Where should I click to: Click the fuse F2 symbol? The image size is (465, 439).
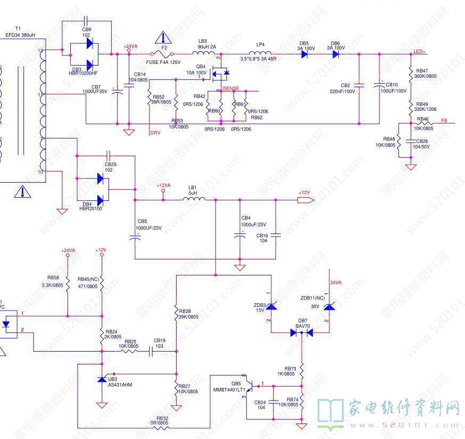coord(163,54)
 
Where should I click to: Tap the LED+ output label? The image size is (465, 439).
coord(420,52)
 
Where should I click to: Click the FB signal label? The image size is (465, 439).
coord(444,121)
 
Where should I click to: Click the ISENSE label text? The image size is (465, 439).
coord(230,88)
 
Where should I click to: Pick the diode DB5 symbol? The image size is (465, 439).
coord(304,54)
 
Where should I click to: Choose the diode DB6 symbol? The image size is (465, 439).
coord(335,54)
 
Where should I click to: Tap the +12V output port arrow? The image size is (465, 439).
coord(304,200)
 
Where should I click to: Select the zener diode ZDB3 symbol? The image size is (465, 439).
coord(271,306)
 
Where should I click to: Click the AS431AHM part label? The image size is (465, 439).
coord(119,384)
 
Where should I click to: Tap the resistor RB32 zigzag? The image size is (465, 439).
coord(161,427)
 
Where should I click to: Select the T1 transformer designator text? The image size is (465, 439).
coord(18,28)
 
